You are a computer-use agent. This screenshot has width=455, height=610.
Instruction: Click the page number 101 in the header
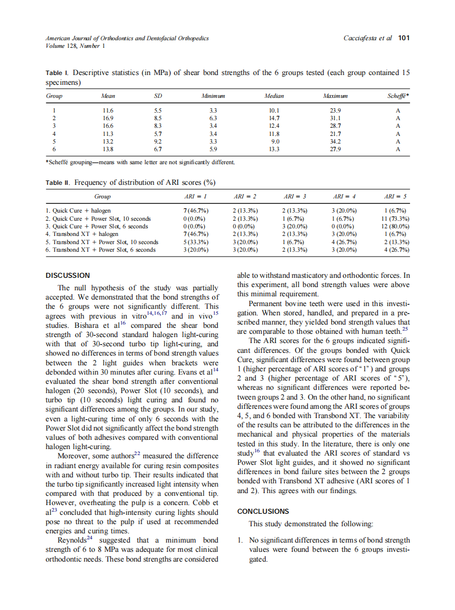(x=403, y=39)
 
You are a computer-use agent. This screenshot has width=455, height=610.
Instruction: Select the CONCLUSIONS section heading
(x=263, y=512)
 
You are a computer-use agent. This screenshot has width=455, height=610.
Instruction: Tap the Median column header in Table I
(x=274, y=96)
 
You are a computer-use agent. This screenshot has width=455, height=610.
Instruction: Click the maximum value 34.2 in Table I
(x=335, y=141)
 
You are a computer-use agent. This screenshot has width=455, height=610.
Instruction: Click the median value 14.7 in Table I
(x=274, y=118)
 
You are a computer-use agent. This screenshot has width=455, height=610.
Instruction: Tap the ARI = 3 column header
(x=295, y=196)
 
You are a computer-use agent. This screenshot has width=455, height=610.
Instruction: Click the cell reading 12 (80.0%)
(x=395, y=226)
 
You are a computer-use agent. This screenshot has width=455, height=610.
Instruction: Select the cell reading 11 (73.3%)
(x=395, y=219)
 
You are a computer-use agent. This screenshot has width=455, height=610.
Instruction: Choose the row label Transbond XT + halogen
(x=80, y=234)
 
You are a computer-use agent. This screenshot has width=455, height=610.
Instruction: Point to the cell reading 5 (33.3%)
(x=193, y=242)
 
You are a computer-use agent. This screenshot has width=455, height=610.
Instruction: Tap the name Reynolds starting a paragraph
(x=72, y=540)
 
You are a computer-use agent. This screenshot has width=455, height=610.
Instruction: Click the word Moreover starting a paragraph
(x=75, y=456)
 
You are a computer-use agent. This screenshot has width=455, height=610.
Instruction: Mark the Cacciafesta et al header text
(x=367, y=39)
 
